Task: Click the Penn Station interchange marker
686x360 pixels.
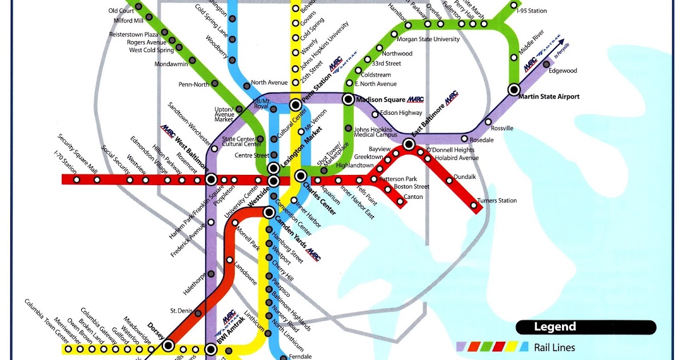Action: [295, 105]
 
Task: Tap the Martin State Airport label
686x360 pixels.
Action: [548, 97]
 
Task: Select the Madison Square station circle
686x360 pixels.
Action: [348, 99]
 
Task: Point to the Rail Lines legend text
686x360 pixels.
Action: [555, 347]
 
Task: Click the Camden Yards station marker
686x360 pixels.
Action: [269, 213]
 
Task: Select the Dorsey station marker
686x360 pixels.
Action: [168, 345]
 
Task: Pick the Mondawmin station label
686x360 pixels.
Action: [171, 64]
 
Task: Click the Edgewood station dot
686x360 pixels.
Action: [546, 63]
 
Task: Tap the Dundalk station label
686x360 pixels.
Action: [464, 177]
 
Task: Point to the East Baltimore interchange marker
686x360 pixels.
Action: [409, 144]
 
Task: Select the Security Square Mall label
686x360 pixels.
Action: [78, 155]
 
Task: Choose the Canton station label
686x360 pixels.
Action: [413, 197]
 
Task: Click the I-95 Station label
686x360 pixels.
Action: [534, 11]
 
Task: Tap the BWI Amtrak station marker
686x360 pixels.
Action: [211, 349]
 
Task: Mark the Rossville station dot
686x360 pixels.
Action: [488, 122]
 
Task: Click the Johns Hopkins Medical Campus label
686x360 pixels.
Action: [372, 132]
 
